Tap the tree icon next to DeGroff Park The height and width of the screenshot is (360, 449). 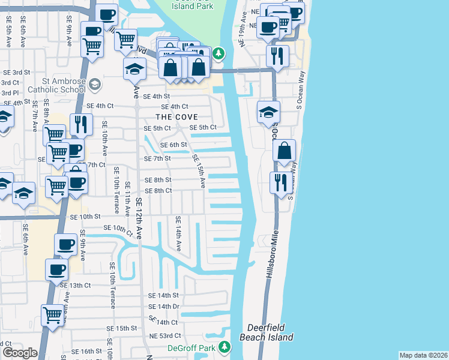tap(224, 347)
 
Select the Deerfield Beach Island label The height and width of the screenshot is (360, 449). tap(270, 332)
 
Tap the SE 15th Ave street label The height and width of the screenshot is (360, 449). tap(200, 171)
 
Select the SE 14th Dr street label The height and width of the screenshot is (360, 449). tap(163, 307)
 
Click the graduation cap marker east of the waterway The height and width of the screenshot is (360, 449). tap(268, 112)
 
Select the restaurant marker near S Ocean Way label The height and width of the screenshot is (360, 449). tap(280, 182)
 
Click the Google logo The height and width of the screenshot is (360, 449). tap(20, 352)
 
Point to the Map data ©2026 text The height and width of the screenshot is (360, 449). tap(423, 355)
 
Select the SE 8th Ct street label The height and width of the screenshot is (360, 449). tap(158, 191)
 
